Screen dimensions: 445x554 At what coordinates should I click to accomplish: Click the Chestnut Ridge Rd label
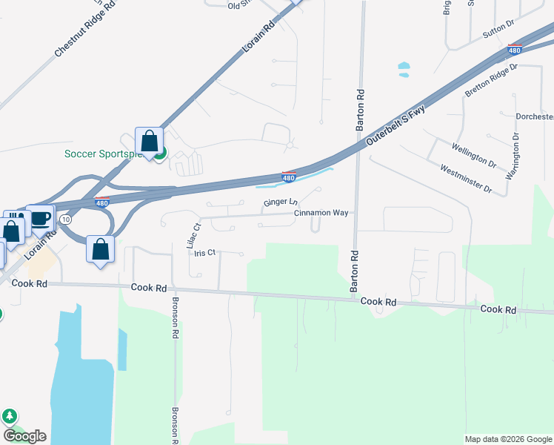point(85,30)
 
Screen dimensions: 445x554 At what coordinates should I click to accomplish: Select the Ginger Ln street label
point(280,202)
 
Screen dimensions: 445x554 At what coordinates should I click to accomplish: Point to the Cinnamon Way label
point(321,213)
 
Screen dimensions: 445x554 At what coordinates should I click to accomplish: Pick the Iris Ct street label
point(204,252)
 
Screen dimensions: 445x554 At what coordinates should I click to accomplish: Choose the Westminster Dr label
point(466,178)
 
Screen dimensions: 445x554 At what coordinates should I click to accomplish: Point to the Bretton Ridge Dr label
point(490,81)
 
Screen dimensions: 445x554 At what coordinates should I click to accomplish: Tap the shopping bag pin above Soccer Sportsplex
point(149,140)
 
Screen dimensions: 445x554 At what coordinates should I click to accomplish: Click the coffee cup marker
point(40,217)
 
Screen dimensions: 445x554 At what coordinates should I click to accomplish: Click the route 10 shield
point(67,220)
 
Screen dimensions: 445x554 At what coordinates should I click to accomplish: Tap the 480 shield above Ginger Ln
point(289,178)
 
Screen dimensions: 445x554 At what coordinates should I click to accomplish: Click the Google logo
point(24,436)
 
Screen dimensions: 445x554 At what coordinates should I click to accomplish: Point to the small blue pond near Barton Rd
point(404,70)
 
